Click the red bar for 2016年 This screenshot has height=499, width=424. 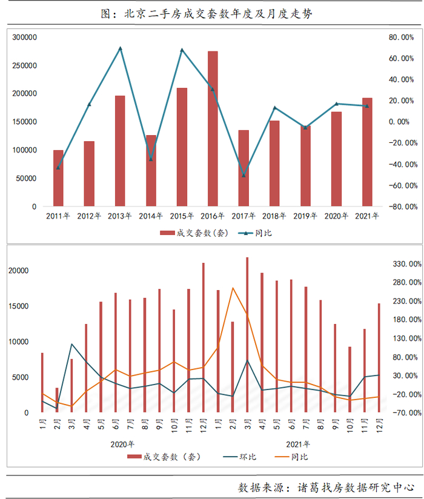click(x=213, y=129)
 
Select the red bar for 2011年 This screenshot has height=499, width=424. click(x=58, y=178)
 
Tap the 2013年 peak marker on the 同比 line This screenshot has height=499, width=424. click(x=120, y=48)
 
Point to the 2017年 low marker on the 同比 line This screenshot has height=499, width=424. click(x=243, y=176)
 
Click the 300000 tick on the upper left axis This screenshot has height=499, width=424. click(x=25, y=38)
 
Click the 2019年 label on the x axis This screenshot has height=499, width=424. click(x=306, y=216)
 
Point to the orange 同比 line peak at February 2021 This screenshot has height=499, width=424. click(x=233, y=288)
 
